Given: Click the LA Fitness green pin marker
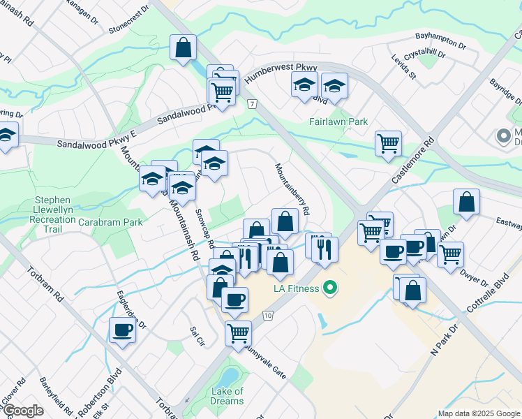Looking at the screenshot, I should (332, 288).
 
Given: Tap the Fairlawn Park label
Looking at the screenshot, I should (338, 122).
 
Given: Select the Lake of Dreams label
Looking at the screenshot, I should (228, 396).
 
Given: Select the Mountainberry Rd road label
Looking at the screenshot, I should (292, 189).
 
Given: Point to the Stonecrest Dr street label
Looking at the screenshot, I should (129, 22).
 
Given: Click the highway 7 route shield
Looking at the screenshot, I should (252, 103).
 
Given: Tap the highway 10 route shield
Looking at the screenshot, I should (269, 316).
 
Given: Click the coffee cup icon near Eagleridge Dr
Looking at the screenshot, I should (123, 330).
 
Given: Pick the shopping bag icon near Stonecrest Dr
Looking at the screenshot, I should (184, 48).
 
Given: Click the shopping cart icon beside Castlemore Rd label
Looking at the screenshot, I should (388, 144).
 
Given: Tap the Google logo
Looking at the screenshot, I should (23, 411).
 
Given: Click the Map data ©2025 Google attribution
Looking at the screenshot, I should (479, 413).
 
